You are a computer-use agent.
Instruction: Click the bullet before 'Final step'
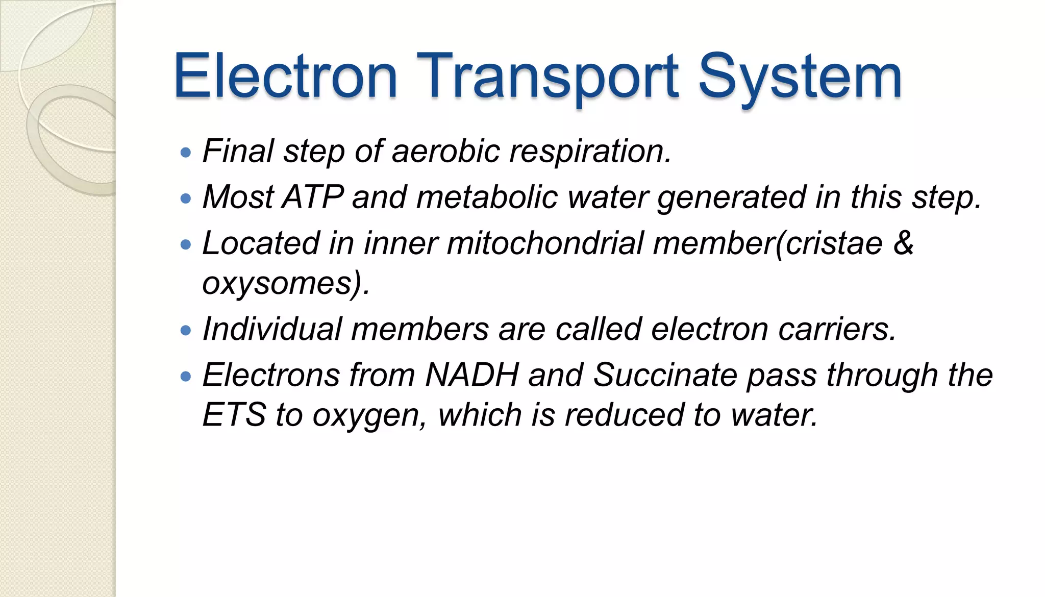[186, 152]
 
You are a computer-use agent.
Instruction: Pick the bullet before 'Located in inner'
[186, 244]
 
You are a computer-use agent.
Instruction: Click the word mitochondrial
[545, 243]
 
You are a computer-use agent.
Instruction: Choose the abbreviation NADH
[472, 375]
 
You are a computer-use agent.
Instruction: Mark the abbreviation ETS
[234, 414]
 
